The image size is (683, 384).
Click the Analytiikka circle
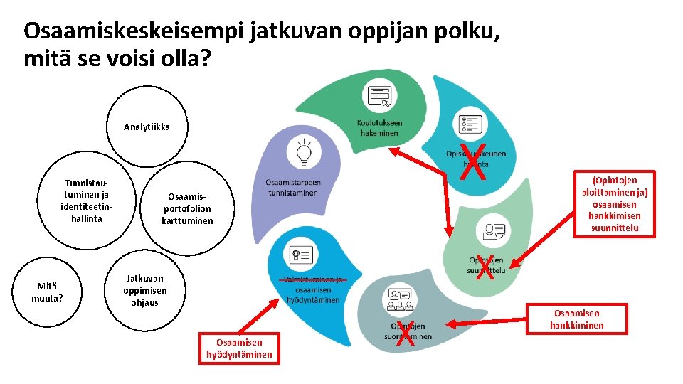147,127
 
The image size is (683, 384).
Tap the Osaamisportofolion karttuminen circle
187,208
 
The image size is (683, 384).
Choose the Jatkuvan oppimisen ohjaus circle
144,289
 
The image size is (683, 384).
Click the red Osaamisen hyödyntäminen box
239,348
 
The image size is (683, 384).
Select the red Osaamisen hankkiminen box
576,319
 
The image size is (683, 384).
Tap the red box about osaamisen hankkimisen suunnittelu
610,204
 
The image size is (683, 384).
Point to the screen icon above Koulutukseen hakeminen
378,96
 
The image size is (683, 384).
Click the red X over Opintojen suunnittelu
486,266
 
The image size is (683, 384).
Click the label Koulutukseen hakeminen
379,127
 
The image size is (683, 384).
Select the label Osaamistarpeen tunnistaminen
295,187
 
